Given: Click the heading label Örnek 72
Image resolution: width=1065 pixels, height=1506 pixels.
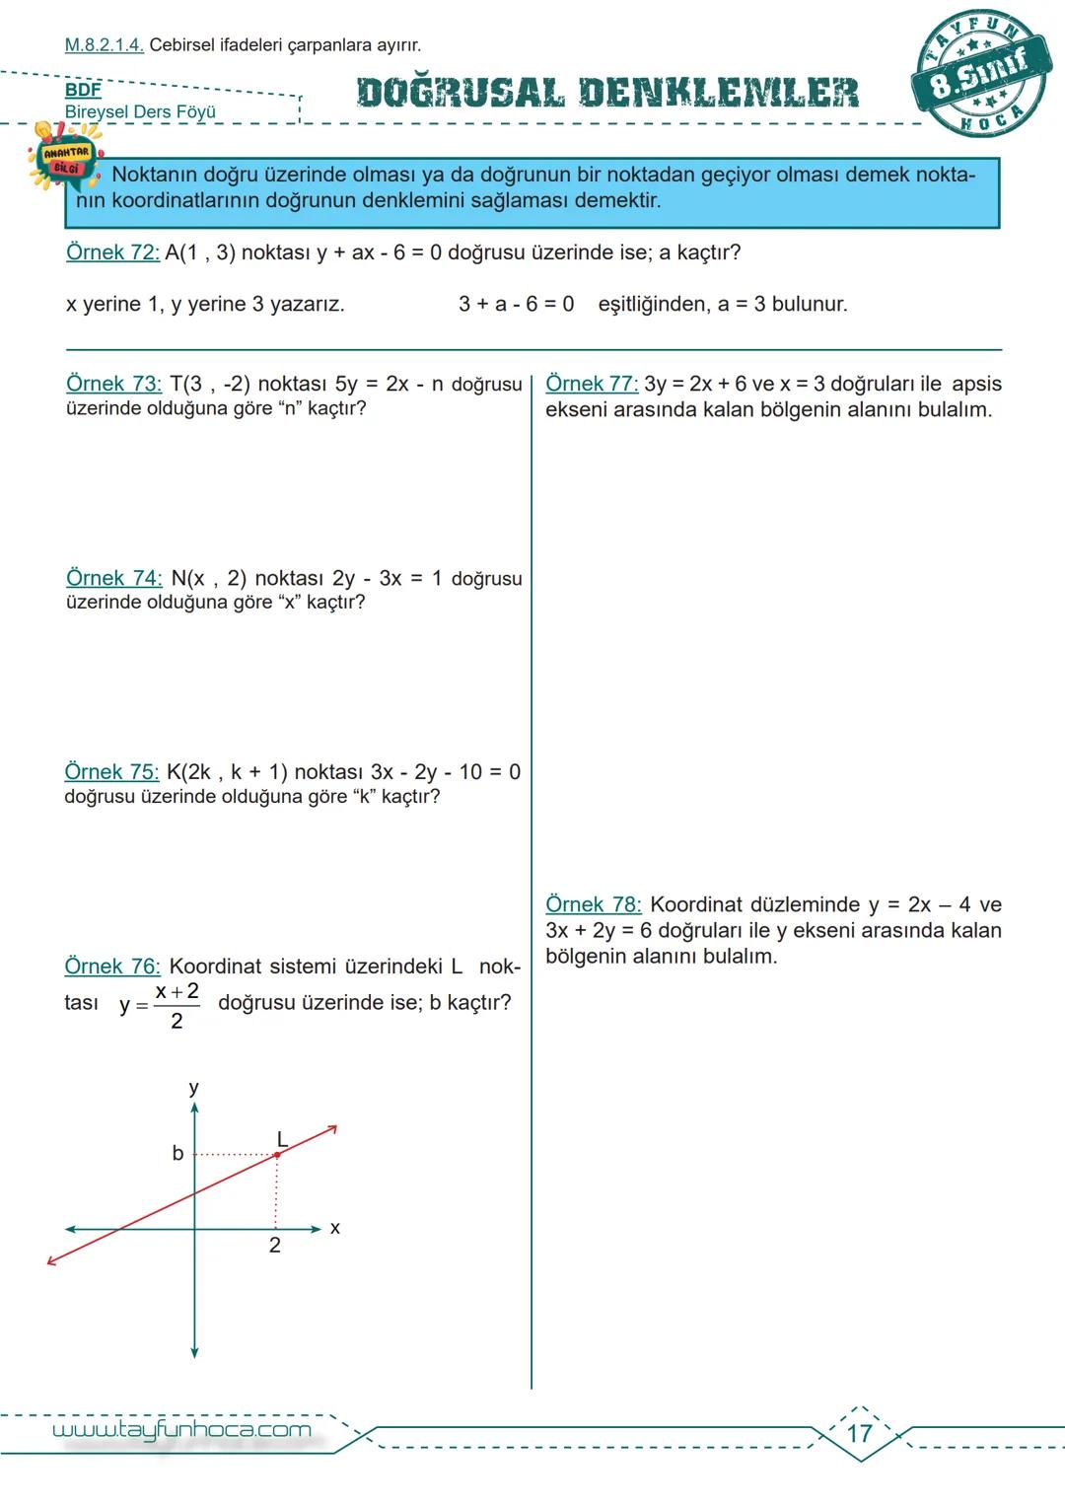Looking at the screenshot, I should [x=112, y=252].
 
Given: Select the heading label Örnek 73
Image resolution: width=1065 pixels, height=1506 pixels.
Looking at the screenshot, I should [x=113, y=384].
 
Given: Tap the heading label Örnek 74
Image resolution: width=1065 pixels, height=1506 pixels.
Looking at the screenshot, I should [x=113, y=578].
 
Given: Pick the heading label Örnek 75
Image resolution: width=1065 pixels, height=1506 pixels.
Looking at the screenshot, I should [x=111, y=772].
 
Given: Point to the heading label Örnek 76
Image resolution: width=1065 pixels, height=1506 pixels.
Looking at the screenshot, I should [x=111, y=967].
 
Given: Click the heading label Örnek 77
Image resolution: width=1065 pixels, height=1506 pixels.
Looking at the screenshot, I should [x=592, y=384].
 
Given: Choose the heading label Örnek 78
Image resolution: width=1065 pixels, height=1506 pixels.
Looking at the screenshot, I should [x=593, y=904].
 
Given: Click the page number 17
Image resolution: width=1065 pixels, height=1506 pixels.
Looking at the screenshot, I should [x=860, y=1433].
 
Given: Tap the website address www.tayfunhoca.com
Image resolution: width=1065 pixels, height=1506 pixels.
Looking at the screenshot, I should [x=181, y=1430].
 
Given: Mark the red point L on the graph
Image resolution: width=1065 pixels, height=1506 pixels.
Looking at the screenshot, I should [x=277, y=1154].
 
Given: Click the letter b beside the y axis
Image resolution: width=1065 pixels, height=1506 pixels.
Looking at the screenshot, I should [x=177, y=1153].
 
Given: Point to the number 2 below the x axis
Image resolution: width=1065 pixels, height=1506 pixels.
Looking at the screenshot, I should [x=275, y=1246].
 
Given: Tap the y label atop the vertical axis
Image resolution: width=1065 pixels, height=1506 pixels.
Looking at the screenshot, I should [x=193, y=1088].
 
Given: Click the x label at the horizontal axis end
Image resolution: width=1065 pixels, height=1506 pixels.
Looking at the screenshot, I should [x=335, y=1228].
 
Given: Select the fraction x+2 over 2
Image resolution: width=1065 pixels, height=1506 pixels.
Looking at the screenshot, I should [x=177, y=1005].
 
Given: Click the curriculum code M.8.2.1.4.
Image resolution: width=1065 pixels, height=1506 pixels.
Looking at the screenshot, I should [x=104, y=44].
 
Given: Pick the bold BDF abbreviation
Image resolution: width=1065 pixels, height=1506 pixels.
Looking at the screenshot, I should [x=83, y=91].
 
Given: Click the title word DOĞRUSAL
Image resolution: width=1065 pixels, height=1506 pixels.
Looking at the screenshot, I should [x=461, y=93].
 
